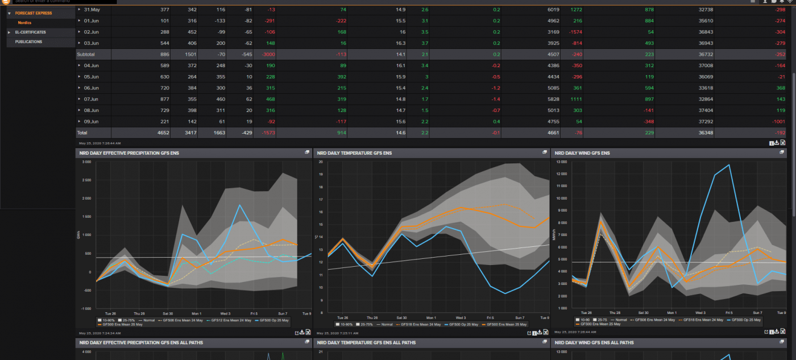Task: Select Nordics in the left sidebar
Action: (24, 23)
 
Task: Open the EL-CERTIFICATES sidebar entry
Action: (30, 32)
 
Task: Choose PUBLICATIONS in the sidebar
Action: (28, 42)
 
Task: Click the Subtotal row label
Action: (85, 55)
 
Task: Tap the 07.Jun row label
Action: (92, 99)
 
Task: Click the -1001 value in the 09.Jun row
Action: (777, 121)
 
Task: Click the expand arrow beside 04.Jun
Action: (80, 66)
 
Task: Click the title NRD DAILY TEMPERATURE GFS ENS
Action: (354, 153)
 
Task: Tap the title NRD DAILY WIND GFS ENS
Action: (582, 153)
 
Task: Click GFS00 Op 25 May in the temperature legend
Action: (466, 324)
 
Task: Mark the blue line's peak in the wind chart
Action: (728, 165)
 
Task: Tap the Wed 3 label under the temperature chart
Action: (461, 317)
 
